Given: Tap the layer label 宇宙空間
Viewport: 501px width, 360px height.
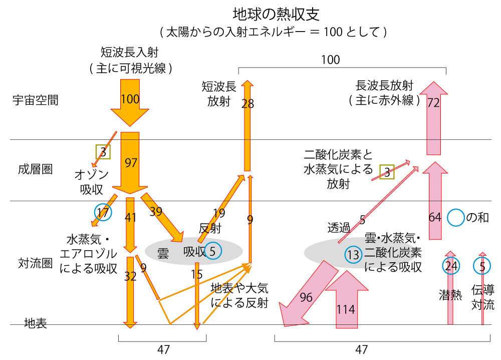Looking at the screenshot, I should [x=35, y=100].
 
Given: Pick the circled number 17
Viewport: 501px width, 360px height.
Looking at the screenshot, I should [x=103, y=213].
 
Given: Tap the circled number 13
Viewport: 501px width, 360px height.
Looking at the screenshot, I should [x=353, y=255].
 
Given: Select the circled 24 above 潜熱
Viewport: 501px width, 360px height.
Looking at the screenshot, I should [x=451, y=266].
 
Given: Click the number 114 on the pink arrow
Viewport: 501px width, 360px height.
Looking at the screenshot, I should [x=346, y=309].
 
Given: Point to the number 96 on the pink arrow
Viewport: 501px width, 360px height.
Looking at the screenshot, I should [x=306, y=298].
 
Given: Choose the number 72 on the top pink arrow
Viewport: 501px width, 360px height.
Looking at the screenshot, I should [x=433, y=103].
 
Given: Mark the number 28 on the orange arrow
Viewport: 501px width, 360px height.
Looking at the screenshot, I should [x=247, y=104].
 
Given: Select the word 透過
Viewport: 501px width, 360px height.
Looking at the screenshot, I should [x=339, y=227].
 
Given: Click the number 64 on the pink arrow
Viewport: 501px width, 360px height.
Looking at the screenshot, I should [x=435, y=218].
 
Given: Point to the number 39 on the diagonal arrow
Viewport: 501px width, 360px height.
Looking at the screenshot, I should [x=156, y=212].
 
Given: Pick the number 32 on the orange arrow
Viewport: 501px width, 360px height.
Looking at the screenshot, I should [x=130, y=276].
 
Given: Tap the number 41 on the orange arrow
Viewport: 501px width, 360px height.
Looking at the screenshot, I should [x=130, y=218].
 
